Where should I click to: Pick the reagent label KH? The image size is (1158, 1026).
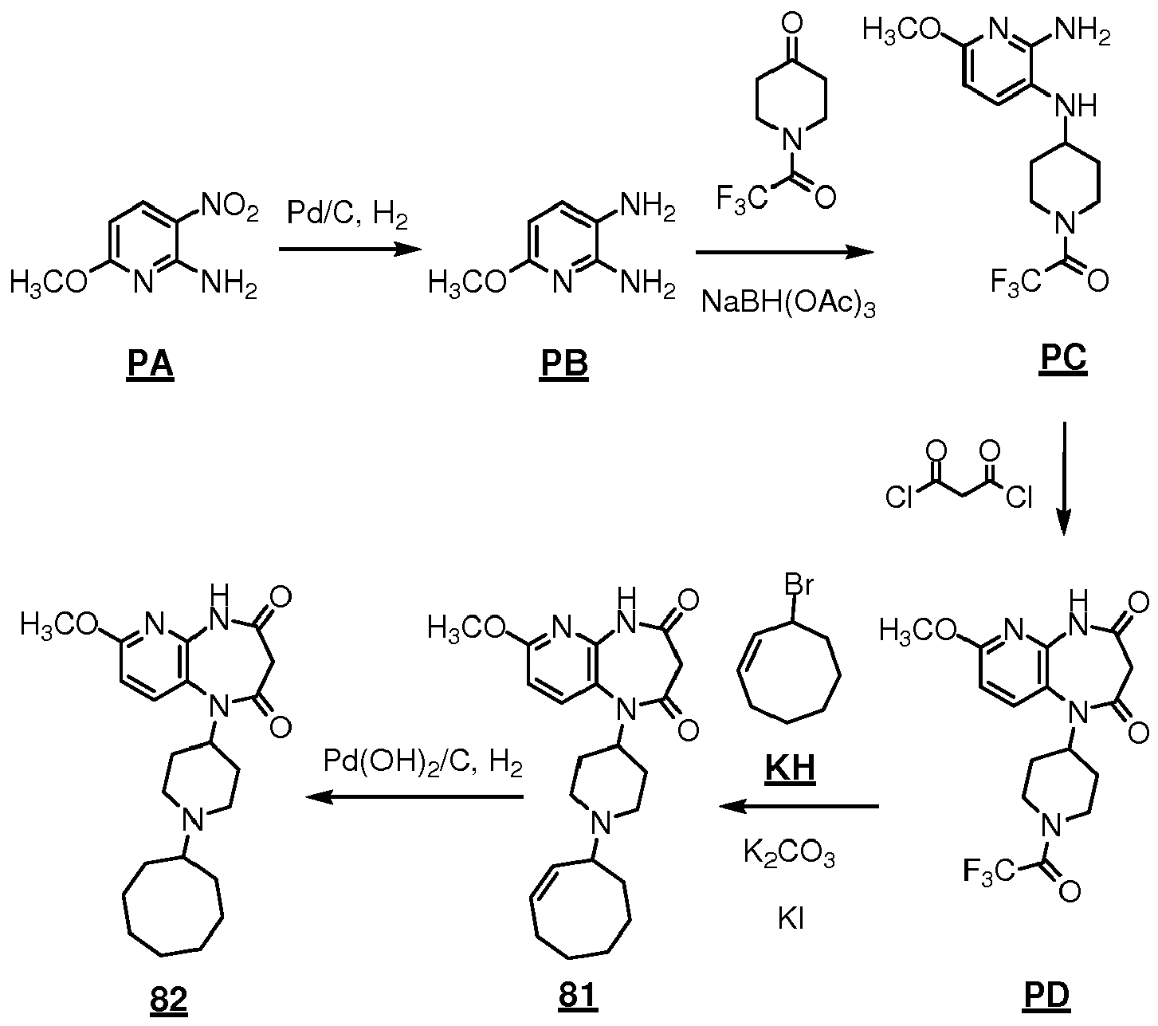(x=791, y=770)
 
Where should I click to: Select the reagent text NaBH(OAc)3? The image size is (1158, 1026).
(x=787, y=303)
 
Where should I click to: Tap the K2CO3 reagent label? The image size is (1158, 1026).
(x=788, y=856)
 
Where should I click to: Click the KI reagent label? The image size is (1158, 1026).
(x=790, y=919)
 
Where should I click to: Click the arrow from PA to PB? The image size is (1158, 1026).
(x=349, y=250)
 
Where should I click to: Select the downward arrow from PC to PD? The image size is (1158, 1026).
(x=1063, y=478)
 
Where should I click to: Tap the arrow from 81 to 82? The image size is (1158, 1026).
(x=414, y=797)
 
